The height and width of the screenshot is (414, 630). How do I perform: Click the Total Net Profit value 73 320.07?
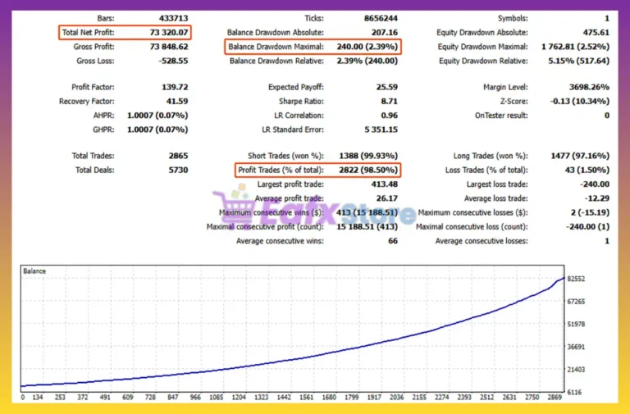tap(170, 33)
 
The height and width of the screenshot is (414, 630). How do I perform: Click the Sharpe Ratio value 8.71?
tap(387, 101)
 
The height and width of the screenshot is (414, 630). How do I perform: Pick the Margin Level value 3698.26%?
tap(586, 87)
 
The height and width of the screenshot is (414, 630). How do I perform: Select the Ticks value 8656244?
tap(379, 18)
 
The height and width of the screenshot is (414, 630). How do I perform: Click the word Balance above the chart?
tap(34, 271)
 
